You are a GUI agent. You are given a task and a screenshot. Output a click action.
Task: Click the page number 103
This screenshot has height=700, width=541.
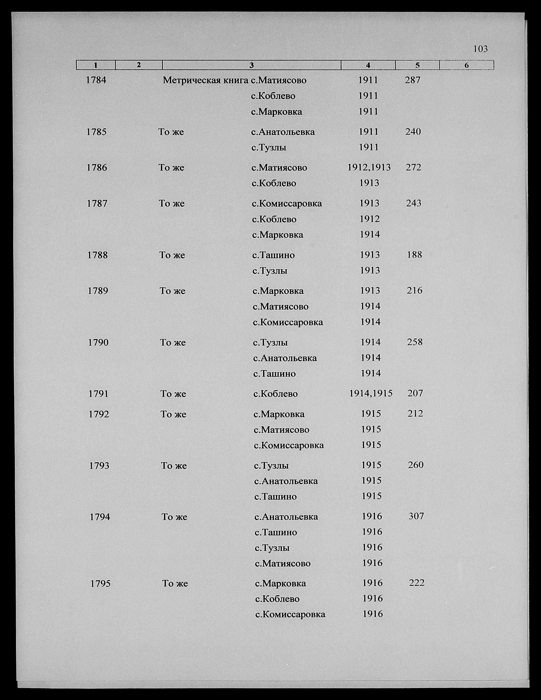[480, 49]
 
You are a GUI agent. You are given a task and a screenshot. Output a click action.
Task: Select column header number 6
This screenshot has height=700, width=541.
[466, 65]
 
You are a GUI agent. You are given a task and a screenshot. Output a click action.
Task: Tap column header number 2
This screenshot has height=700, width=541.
[139, 65]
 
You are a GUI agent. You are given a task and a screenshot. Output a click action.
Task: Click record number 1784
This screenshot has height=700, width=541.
[96, 80]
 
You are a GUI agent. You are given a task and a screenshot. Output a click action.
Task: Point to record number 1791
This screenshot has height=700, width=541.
[98, 394]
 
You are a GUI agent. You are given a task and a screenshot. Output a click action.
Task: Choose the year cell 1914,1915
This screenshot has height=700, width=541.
[371, 393]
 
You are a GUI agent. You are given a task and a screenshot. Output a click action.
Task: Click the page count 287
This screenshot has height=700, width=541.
[412, 80]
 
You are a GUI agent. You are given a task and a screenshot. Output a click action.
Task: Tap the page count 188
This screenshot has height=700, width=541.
[414, 255]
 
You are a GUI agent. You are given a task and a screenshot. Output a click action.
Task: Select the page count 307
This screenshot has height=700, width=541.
[416, 516]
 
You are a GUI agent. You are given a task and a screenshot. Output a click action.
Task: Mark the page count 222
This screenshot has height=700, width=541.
[417, 583]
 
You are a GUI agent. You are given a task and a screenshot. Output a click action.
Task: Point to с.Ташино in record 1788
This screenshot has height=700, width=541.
[273, 255]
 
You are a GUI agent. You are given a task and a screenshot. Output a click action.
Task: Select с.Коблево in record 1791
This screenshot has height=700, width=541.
[275, 394]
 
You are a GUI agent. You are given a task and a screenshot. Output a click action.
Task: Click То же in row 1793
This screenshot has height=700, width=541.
[173, 466]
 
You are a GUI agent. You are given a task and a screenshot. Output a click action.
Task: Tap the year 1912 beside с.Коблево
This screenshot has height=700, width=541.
[370, 219]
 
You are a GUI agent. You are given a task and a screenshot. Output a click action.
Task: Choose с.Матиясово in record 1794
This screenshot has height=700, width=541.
[282, 563]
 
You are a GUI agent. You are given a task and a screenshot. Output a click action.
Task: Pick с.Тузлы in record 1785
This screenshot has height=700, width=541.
[269, 147]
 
